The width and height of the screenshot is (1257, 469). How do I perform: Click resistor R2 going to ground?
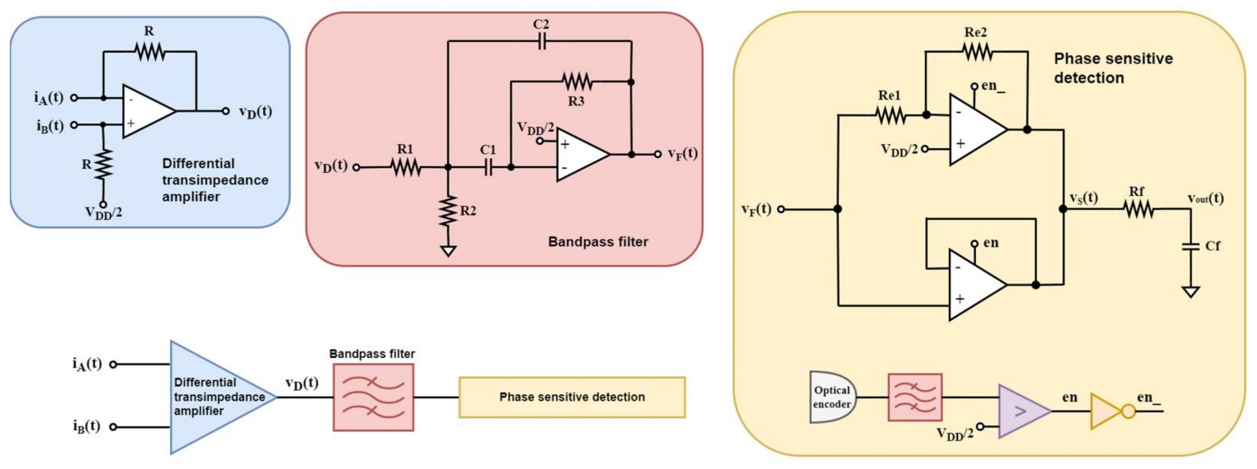point(448,211)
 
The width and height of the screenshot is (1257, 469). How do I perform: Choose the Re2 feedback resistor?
point(977,51)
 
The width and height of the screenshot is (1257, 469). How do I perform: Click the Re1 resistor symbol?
point(891,116)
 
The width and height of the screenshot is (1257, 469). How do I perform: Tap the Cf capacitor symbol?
point(1191,246)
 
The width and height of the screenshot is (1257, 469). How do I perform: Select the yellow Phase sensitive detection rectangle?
point(572,397)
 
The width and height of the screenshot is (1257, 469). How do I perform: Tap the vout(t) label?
point(1205,198)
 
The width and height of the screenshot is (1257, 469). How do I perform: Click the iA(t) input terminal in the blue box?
point(74,97)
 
